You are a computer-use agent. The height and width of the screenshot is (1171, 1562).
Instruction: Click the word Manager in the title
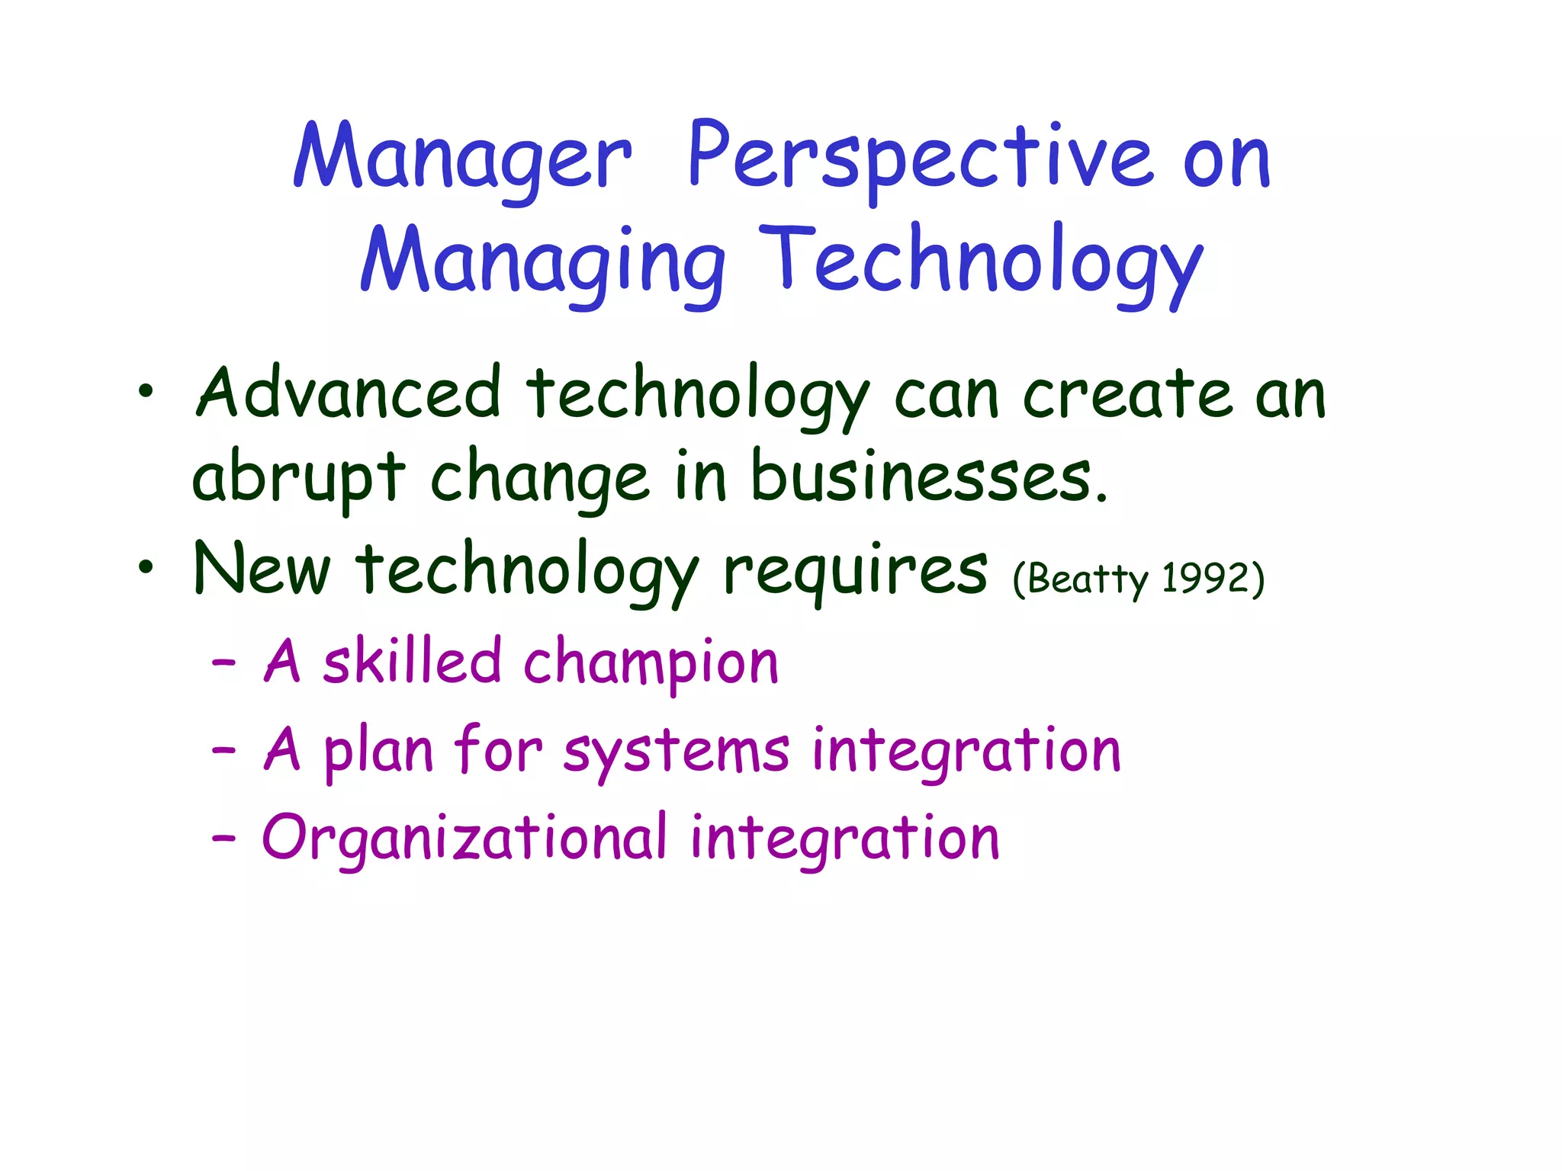[x=462, y=159]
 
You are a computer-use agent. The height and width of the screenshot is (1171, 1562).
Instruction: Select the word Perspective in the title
[x=919, y=159]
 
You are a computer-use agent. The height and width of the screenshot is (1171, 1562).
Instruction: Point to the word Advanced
[x=349, y=393]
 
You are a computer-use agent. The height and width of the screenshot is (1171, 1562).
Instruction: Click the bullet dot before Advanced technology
[x=146, y=393]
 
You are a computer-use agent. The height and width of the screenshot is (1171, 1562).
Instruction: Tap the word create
[x=1127, y=395]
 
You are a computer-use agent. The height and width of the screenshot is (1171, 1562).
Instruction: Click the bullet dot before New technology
[x=146, y=568]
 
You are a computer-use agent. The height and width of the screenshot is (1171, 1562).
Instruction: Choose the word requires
[x=855, y=572]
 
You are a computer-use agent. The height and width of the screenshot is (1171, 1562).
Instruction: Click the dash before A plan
[x=223, y=751]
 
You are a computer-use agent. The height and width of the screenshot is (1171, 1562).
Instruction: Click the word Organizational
[x=464, y=839]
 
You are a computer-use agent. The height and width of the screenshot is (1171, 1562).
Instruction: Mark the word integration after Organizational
[x=844, y=839]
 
